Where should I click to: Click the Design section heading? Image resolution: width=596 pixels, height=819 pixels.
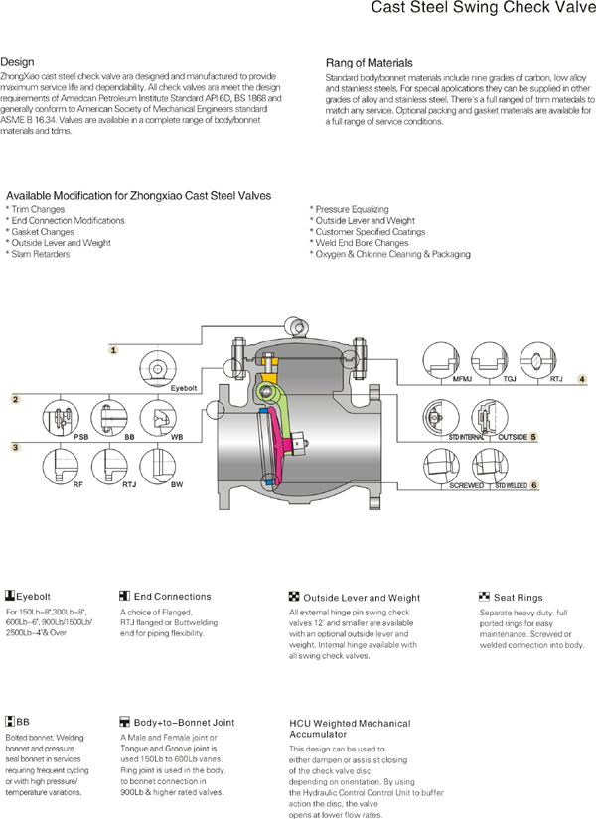(x=17, y=61)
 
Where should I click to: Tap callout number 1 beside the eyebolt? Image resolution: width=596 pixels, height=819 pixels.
(x=114, y=350)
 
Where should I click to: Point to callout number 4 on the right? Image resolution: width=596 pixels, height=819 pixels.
(x=583, y=378)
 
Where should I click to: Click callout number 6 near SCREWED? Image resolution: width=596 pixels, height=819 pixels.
(x=533, y=485)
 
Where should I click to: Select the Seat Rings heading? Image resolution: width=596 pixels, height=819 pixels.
(x=517, y=598)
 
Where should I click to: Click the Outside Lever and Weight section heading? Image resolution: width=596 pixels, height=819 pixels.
(x=348, y=597)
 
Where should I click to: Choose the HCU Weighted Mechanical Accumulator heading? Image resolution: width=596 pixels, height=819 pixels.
(x=349, y=729)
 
